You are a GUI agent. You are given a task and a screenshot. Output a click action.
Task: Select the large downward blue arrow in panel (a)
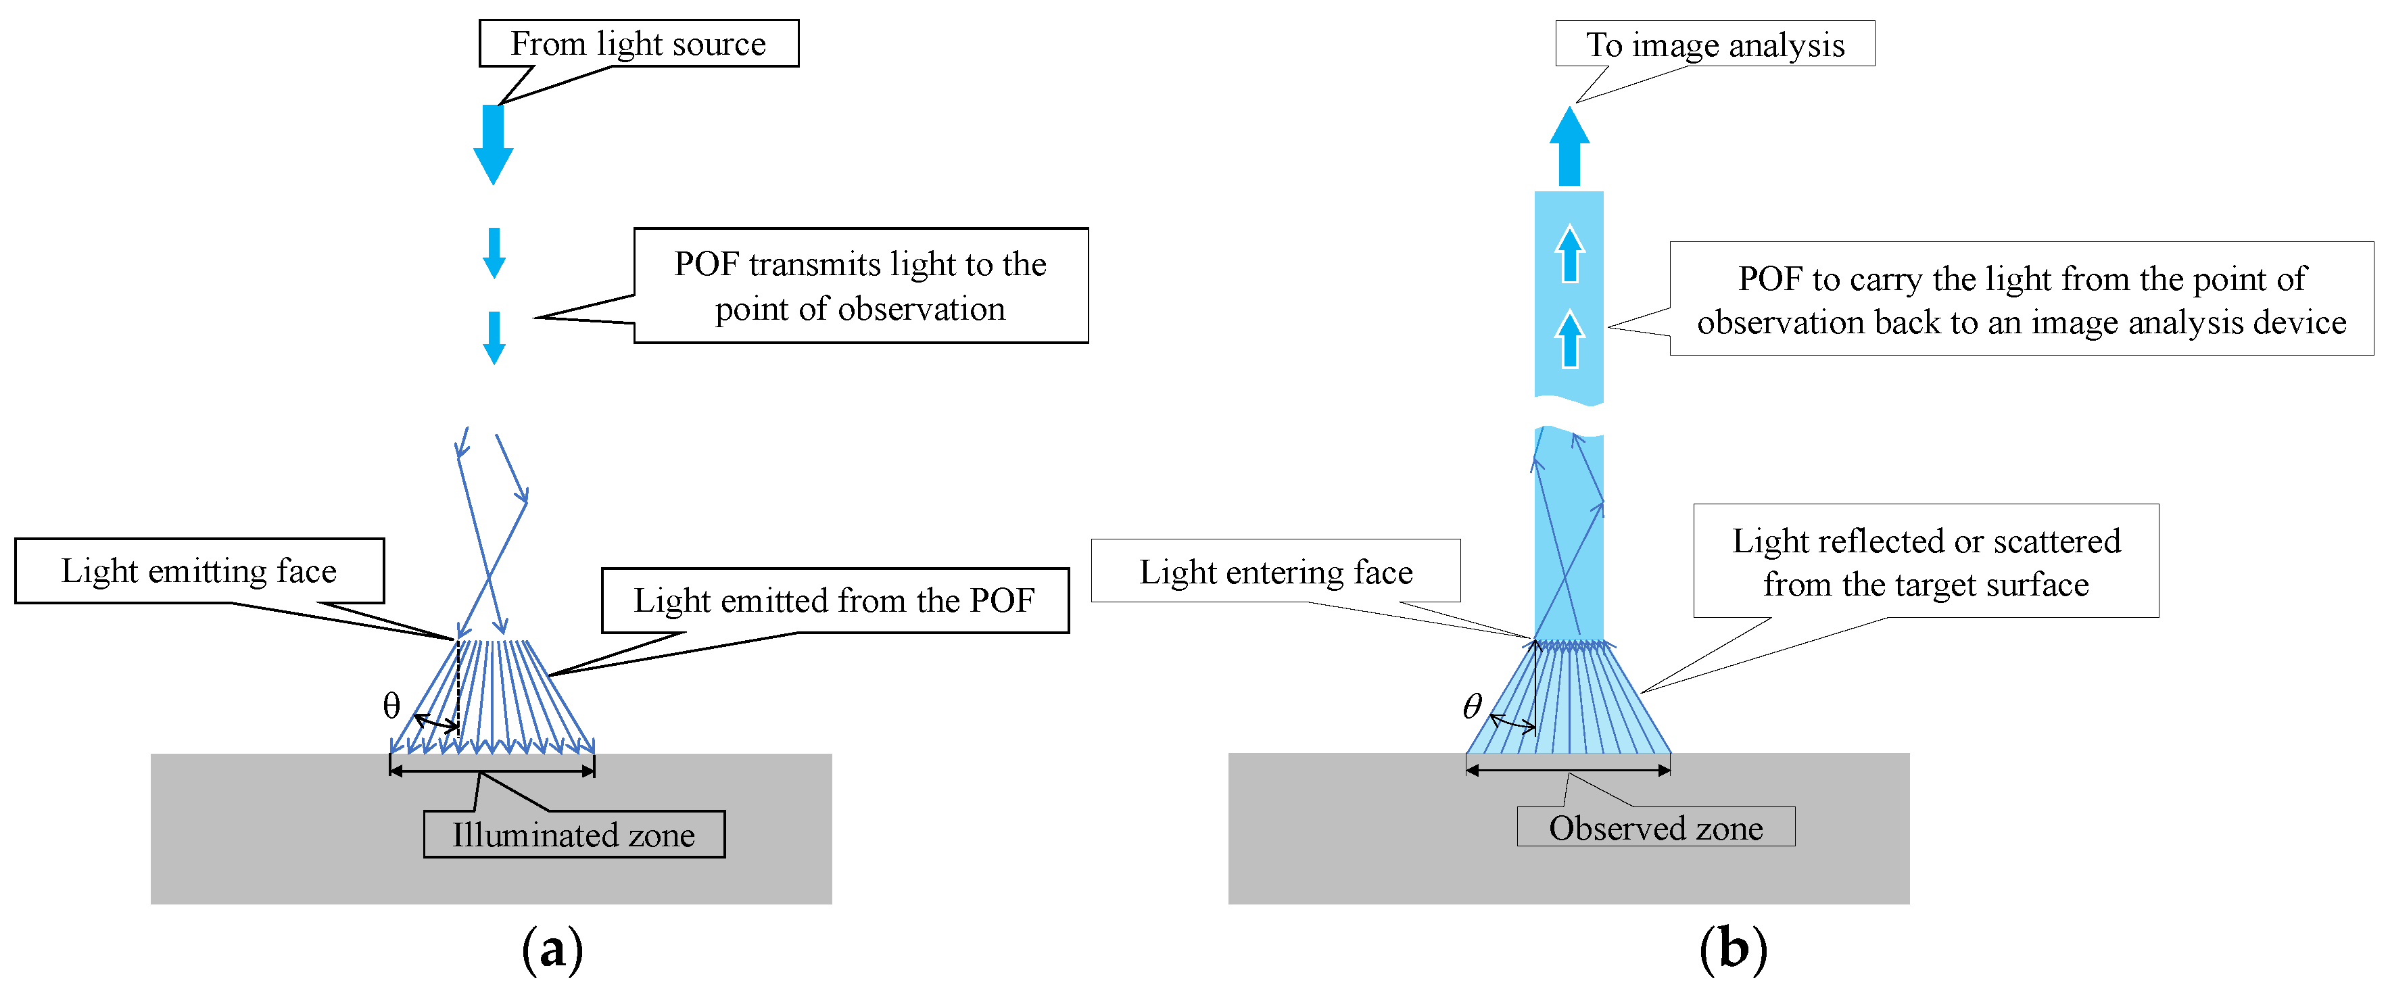point(493,144)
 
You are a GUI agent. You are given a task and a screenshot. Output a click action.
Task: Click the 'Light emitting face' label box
point(199,570)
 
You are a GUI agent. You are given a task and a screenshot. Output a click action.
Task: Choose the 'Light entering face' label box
point(1276,571)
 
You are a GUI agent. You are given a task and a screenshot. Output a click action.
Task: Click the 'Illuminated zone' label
point(574,834)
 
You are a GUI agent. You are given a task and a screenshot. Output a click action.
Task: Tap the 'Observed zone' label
point(1656,827)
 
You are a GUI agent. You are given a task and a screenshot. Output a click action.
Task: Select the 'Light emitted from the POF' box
point(834,601)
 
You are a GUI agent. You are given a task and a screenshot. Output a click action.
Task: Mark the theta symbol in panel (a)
point(391,706)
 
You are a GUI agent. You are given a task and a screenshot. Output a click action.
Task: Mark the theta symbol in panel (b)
point(1472,706)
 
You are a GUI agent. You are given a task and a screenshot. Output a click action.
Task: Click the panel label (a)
point(552,948)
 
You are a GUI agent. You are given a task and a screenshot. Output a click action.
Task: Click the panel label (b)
point(1733,948)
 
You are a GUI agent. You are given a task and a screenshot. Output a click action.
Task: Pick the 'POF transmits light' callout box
point(860,285)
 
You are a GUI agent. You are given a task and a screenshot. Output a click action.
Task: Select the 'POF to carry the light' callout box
point(2021,299)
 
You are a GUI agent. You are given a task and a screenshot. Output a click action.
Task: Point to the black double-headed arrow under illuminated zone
point(492,769)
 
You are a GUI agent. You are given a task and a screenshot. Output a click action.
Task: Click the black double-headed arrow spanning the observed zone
point(1569,769)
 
